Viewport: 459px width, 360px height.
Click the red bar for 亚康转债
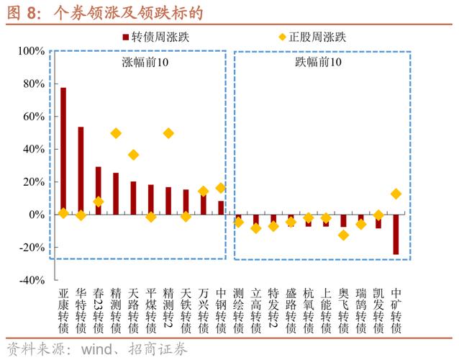click(63, 151)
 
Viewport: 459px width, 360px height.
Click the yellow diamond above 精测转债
click(116, 133)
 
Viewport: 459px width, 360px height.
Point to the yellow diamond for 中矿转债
click(396, 194)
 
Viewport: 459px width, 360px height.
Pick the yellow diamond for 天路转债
click(133, 155)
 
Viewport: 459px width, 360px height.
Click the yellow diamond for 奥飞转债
click(343, 235)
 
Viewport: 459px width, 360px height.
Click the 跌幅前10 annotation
click(319, 63)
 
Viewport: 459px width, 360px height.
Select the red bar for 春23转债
click(99, 191)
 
